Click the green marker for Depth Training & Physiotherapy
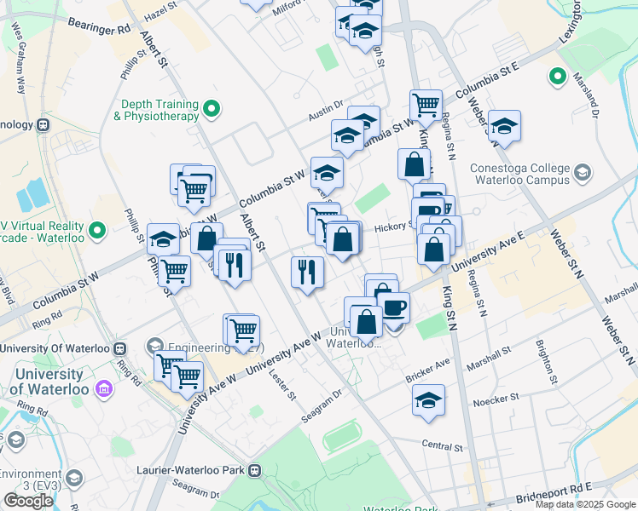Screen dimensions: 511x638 (x=212, y=108)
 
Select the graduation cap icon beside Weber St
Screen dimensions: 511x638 (x=504, y=127)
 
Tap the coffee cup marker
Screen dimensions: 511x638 (x=393, y=307)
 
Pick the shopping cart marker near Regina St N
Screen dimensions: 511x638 (x=425, y=106)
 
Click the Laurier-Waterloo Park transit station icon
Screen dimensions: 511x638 (x=254, y=469)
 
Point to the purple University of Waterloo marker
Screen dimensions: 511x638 (x=104, y=388)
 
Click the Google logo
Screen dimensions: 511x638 (x=28, y=501)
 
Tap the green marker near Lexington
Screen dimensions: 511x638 (x=558, y=78)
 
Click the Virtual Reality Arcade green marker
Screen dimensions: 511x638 (x=97, y=230)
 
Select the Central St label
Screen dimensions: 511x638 (x=441, y=445)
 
